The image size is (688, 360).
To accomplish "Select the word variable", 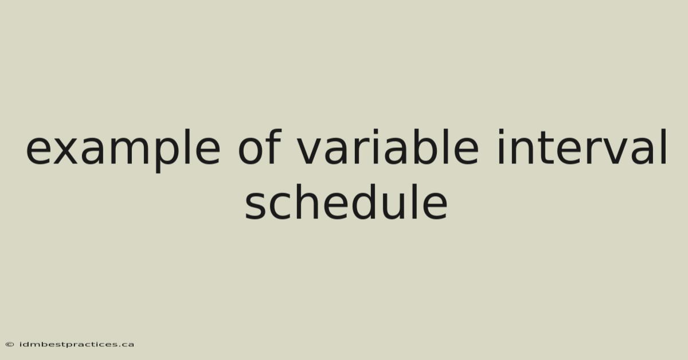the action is [388, 147].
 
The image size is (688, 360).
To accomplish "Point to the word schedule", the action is [346, 202].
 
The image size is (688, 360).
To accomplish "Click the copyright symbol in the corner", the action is [10, 345].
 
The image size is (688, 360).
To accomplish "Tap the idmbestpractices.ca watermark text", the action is [77, 345].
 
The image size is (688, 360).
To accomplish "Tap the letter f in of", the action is [274, 146].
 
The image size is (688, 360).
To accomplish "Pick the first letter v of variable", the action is [311, 151].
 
